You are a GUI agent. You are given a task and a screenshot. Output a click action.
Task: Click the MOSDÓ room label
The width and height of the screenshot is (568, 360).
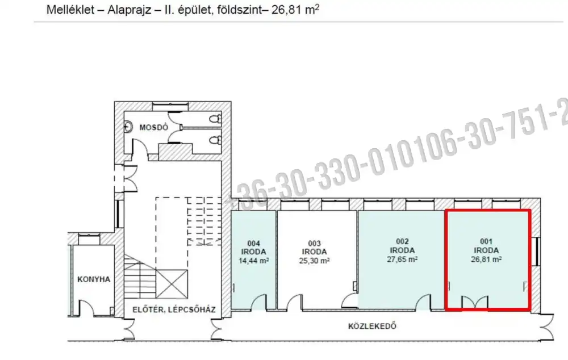tap(154, 127)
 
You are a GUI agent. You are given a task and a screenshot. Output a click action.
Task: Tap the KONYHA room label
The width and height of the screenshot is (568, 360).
tap(93, 279)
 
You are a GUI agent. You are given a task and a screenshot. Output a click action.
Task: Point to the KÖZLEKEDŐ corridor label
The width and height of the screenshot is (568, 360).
tap(371, 326)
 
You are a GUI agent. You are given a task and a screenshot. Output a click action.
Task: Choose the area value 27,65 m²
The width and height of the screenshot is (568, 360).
tap(402, 259)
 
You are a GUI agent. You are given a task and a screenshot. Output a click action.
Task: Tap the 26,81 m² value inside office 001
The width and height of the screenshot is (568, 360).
tap(486, 259)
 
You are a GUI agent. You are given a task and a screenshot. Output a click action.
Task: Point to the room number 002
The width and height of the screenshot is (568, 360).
tap(402, 241)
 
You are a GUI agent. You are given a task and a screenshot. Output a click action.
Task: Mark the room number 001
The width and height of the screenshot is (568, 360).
tap(486, 241)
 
